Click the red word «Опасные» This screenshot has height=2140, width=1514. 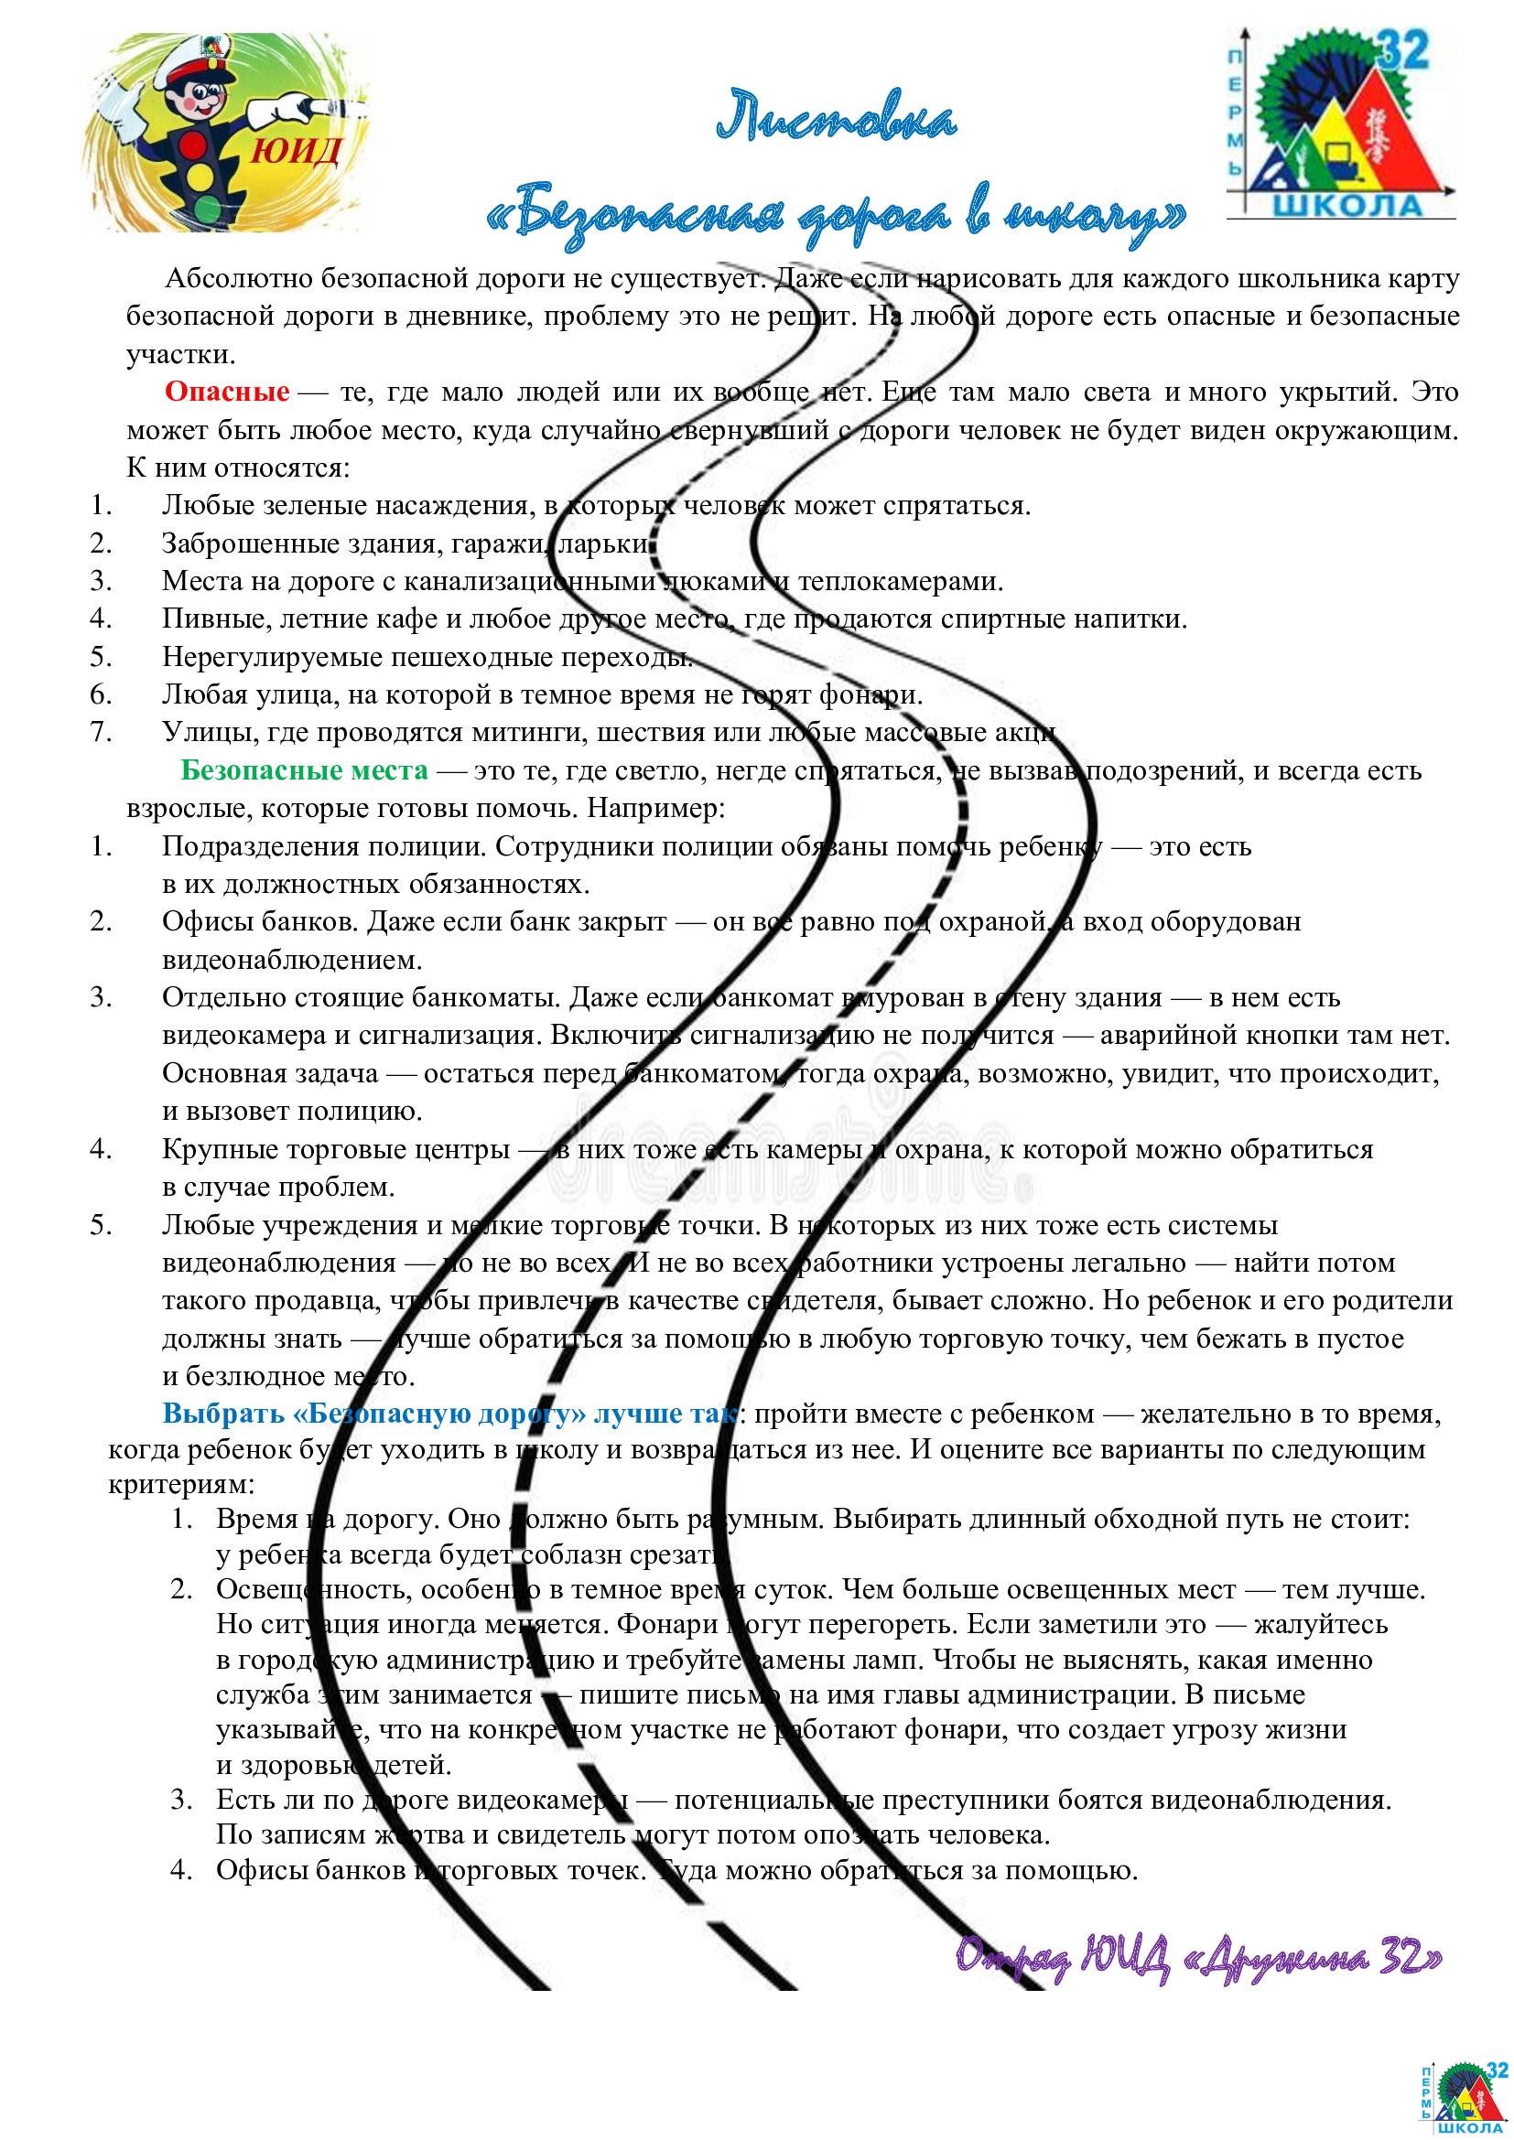pyautogui.click(x=226, y=392)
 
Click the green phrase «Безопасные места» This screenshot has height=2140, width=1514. pyautogui.click(x=304, y=769)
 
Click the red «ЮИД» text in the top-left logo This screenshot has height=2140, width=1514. pyautogui.click(x=295, y=149)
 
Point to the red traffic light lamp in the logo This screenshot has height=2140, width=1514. pyautogui.click(x=195, y=145)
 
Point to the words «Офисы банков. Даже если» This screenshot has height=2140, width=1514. pyautogui.click(x=322, y=922)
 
